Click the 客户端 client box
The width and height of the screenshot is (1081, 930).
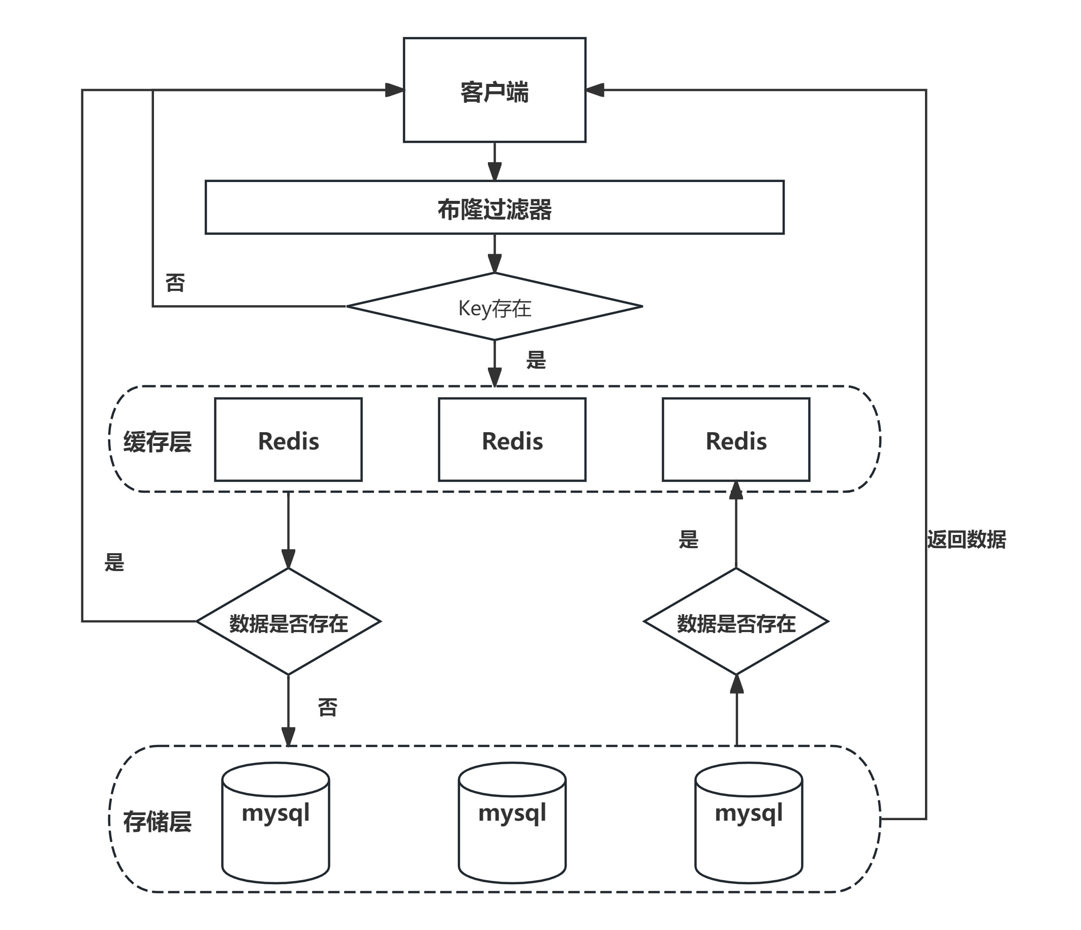(x=494, y=90)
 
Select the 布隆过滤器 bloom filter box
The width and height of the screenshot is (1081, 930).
(x=494, y=207)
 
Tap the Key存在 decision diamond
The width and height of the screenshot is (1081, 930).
(x=494, y=306)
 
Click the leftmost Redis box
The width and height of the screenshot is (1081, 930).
(x=288, y=439)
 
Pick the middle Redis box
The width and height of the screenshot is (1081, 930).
(x=512, y=439)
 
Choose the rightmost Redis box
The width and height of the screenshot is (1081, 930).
(x=735, y=439)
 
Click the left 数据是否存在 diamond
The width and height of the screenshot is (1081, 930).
(x=288, y=621)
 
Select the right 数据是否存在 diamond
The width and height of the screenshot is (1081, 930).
(x=735, y=621)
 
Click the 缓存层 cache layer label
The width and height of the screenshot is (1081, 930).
(x=157, y=441)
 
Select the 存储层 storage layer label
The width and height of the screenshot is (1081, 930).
(x=157, y=822)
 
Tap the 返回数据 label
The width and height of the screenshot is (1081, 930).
(x=966, y=539)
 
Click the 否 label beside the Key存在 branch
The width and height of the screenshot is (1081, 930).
(x=175, y=282)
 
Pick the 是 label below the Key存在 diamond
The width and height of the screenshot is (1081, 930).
(x=536, y=359)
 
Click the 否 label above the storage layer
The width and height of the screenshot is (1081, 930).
(x=328, y=707)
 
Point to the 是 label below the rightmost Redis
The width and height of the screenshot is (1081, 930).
(x=688, y=539)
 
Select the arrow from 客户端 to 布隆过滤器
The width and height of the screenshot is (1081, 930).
(x=494, y=161)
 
